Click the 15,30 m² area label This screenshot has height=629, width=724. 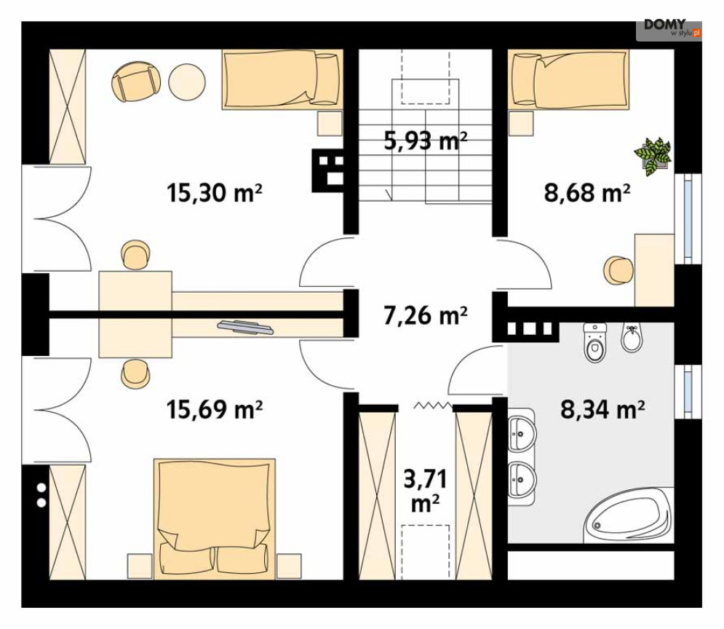[x=214, y=193]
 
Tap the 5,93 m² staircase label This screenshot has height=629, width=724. [x=425, y=141]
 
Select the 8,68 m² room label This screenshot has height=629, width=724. [x=587, y=192]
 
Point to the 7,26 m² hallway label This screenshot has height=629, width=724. [x=425, y=316]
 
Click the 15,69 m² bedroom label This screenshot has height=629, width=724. [x=214, y=408]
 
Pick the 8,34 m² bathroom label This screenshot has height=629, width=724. [x=602, y=408]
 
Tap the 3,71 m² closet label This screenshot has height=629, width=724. [x=425, y=491]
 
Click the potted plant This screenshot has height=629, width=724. [x=653, y=156]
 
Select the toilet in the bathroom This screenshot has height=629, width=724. [x=594, y=342]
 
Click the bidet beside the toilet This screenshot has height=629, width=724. [x=631, y=338]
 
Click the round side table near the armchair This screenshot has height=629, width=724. [x=186, y=82]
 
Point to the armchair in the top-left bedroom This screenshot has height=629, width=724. [x=136, y=82]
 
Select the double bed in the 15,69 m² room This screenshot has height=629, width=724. [x=214, y=518]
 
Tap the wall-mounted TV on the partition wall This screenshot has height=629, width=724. [x=245, y=326]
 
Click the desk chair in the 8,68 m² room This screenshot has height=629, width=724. [x=618, y=269]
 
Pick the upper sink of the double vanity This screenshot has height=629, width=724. [x=522, y=434]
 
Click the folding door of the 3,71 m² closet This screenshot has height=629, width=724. [x=433, y=406]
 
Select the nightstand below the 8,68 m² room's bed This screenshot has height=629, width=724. [x=521, y=123]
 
